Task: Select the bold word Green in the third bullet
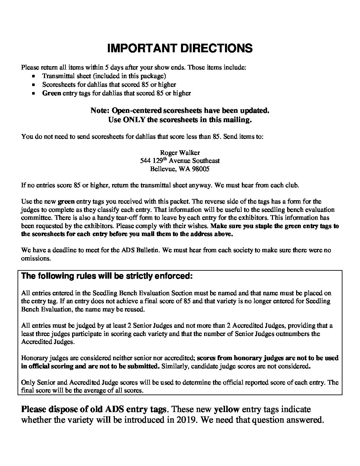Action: tap(51, 93)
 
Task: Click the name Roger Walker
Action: tap(180, 153)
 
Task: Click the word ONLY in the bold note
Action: tap(134, 120)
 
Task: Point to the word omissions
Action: tap(36, 258)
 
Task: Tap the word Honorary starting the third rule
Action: tap(34, 358)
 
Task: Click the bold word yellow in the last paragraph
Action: tap(227, 409)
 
